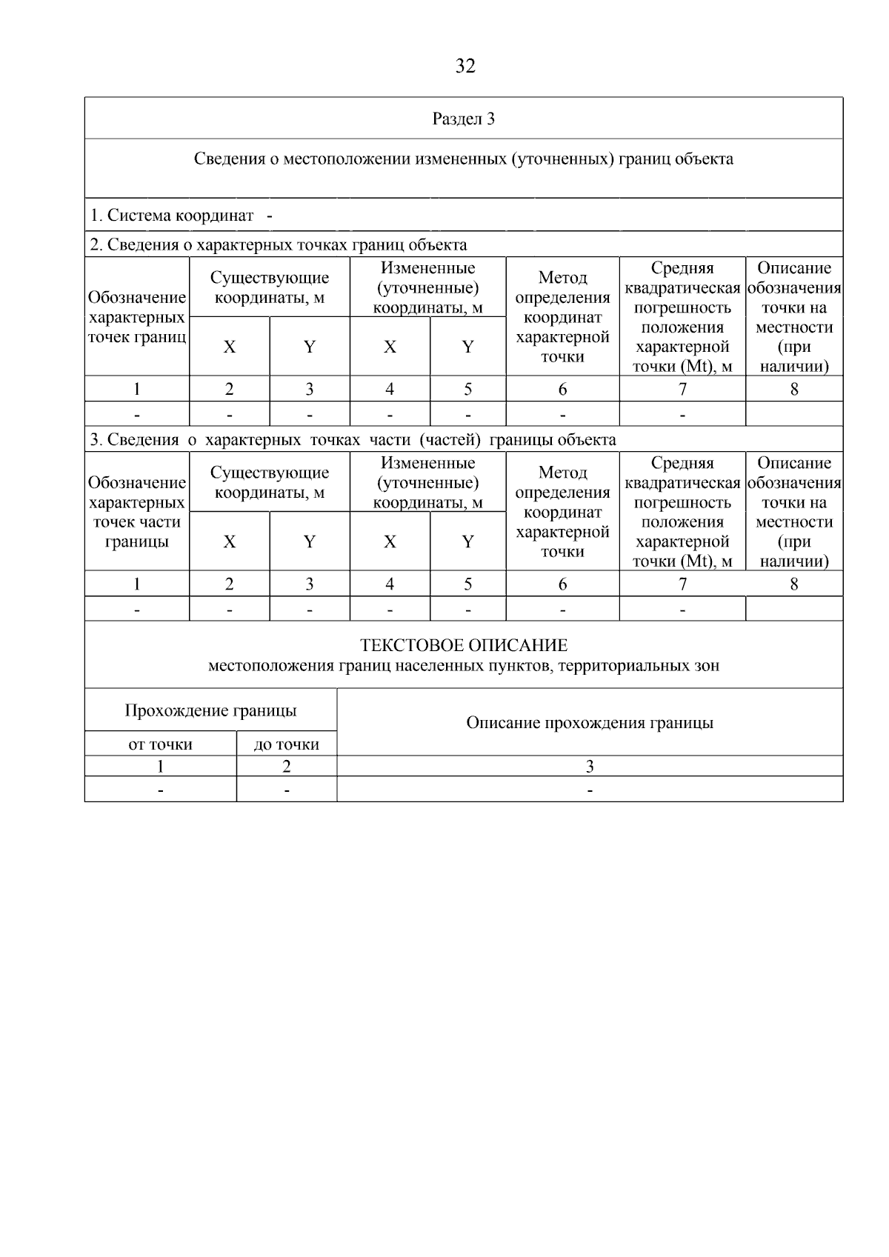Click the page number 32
[465, 67]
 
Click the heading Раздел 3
[464, 119]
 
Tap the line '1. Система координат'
[172, 216]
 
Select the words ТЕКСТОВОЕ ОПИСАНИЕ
[464, 645]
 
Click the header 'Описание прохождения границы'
[590, 722]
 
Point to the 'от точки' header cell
[160, 744]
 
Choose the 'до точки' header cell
[287, 744]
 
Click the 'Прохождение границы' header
[210, 710]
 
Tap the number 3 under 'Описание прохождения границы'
[590, 767]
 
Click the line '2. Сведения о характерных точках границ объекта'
[279, 244]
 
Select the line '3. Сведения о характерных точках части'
[353, 439]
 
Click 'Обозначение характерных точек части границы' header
[137, 512]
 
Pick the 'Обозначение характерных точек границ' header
[137, 317]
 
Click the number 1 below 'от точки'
[160, 767]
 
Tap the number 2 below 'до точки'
[287, 767]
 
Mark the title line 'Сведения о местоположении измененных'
[464, 159]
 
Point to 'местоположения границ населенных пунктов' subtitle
[464, 665]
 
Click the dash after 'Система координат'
[269, 216]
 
